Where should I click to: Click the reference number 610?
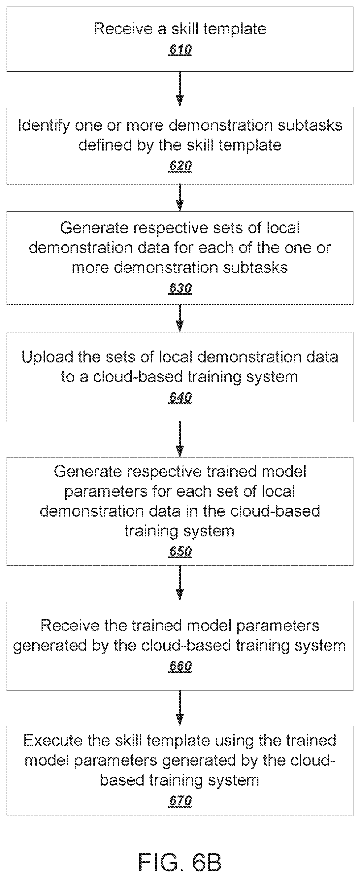pyautogui.click(x=180, y=50)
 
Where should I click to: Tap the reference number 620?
pyautogui.click(x=180, y=166)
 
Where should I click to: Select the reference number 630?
pyautogui.click(x=180, y=288)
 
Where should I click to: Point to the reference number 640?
pyautogui.click(x=180, y=397)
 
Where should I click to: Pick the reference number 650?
pyautogui.click(x=180, y=552)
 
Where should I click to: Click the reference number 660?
pyautogui.click(x=180, y=666)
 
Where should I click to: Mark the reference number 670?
pyautogui.click(x=180, y=801)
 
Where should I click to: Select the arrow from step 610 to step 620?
pyautogui.click(x=180, y=89)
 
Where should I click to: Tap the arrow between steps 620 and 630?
pyautogui.click(x=180, y=198)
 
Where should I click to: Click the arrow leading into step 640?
pyautogui.click(x=180, y=318)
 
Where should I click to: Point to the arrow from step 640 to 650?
pyautogui.click(x=180, y=439)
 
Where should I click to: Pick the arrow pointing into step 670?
pyautogui.click(x=180, y=708)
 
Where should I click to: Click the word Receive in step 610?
pyautogui.click(x=123, y=29)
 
